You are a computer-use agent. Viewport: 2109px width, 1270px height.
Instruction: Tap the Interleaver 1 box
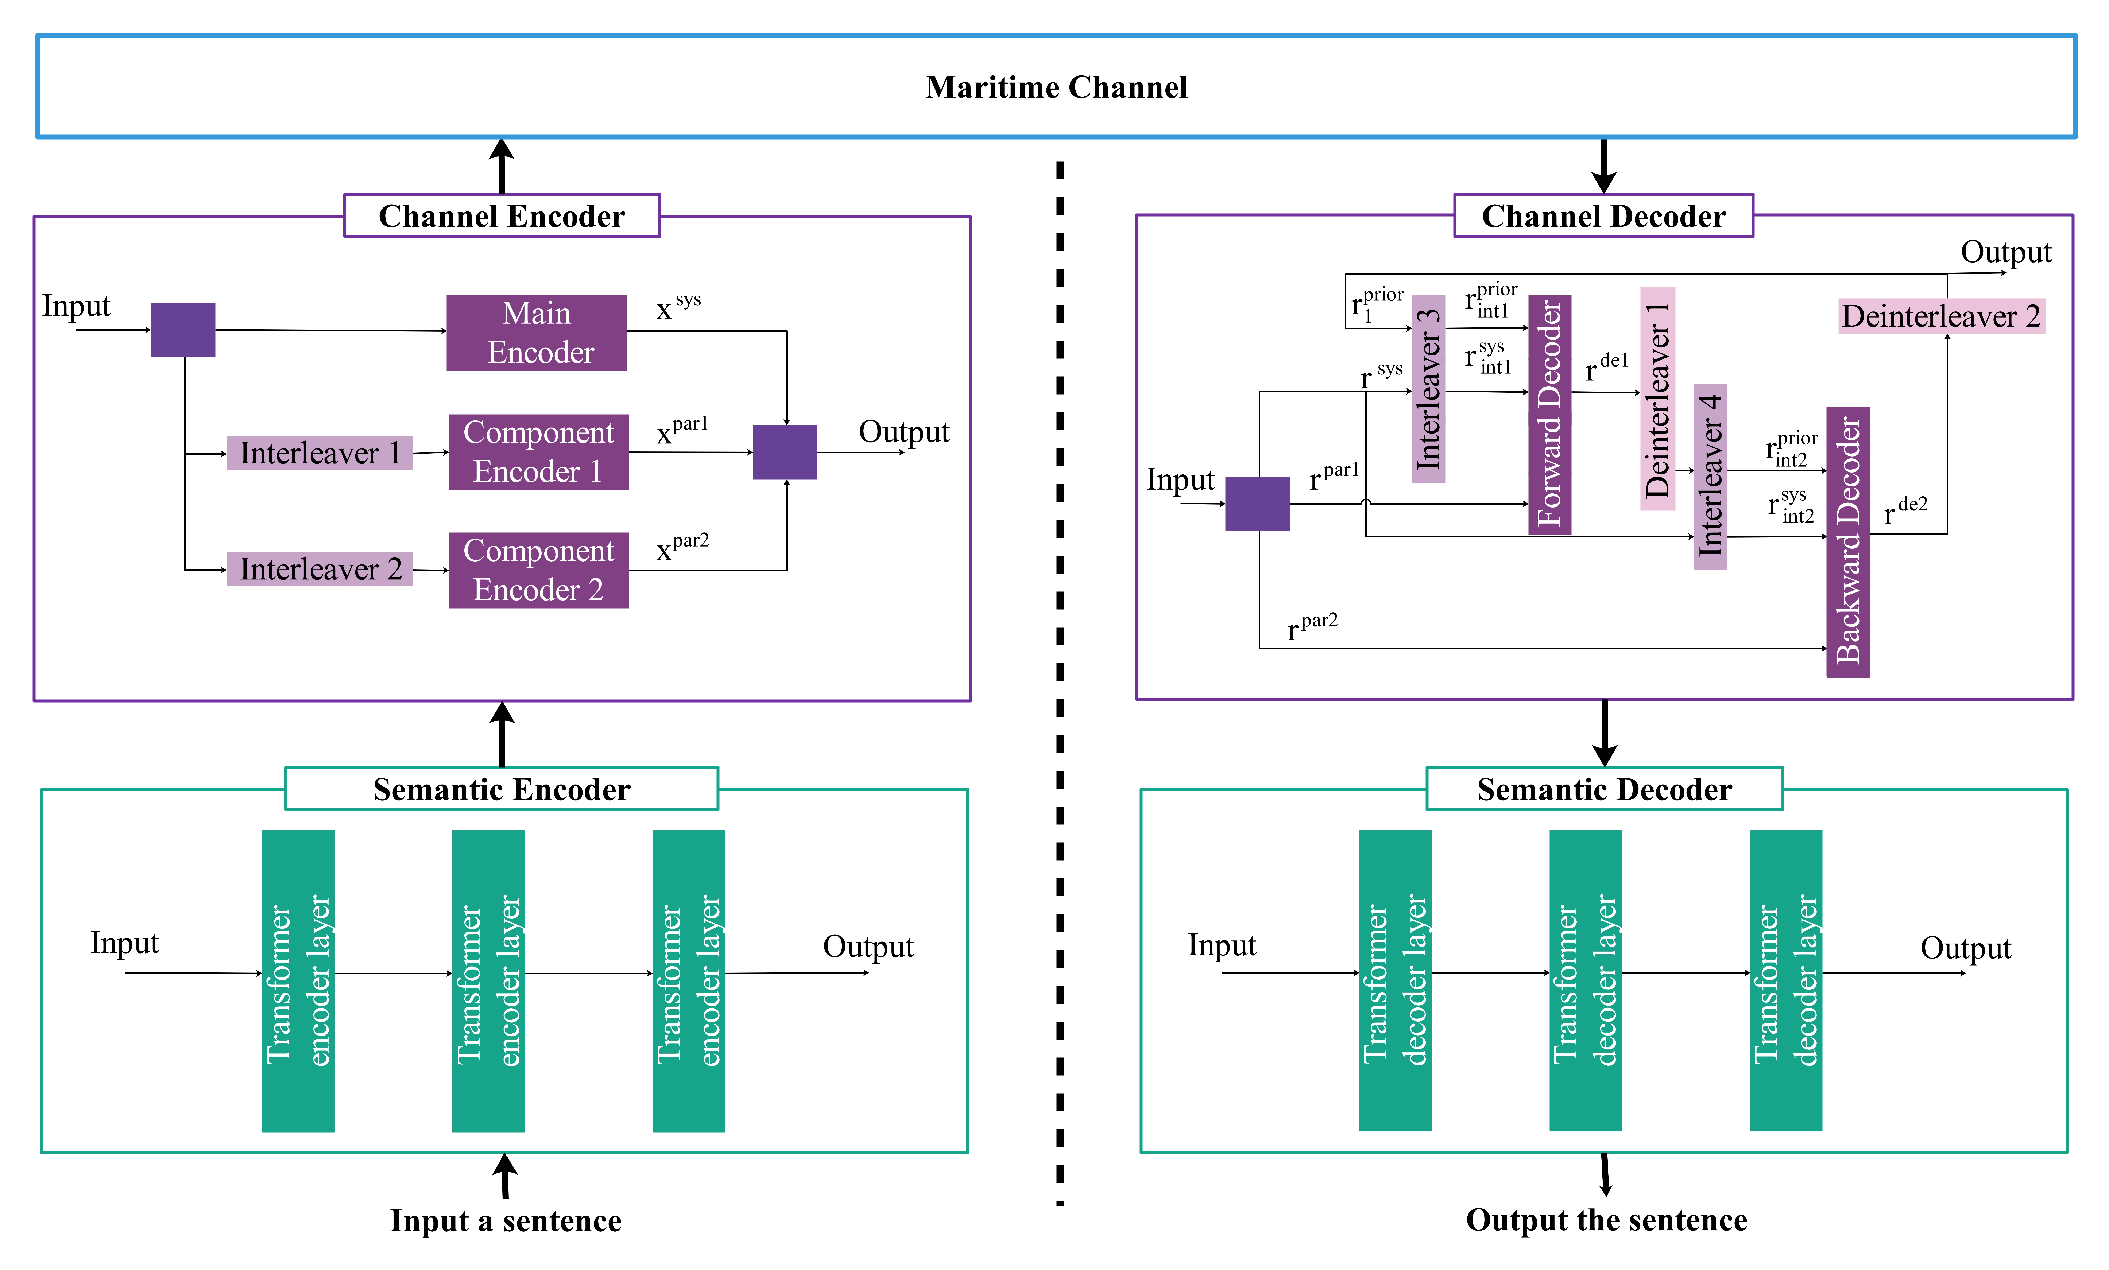(319, 453)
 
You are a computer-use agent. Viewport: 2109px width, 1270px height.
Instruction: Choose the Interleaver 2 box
(319, 569)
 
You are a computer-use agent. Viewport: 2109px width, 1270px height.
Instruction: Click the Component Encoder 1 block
(538, 452)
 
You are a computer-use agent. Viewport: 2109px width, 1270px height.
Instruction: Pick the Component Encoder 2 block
(538, 570)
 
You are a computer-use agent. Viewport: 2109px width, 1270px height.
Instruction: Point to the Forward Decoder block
(1549, 415)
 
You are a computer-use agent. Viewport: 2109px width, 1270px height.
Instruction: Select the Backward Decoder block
(1848, 542)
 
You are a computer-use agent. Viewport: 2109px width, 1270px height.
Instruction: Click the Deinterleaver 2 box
(1941, 317)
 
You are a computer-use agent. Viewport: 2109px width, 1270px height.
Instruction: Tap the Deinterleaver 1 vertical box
(1657, 399)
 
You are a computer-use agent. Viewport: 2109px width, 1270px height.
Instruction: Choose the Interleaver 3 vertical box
(1428, 389)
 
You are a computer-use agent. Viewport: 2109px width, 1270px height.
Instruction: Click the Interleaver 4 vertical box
(1710, 477)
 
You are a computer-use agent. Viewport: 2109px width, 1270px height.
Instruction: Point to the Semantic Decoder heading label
(1604, 789)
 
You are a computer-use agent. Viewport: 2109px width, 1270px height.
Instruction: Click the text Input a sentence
(506, 1220)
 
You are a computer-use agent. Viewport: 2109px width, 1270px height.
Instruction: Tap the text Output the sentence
(1607, 1220)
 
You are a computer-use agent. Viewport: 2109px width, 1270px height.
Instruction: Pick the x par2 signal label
(682, 548)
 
